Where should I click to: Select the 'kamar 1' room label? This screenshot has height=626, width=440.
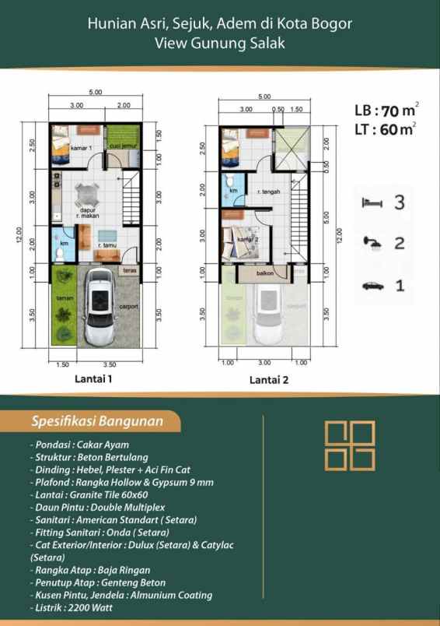coord(82,148)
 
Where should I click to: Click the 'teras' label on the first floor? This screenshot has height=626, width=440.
coord(130,270)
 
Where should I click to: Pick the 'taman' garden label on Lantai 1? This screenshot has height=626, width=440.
coord(63,298)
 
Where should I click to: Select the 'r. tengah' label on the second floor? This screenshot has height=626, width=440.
coord(268,191)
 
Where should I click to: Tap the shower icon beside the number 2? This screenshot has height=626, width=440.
coord(372,244)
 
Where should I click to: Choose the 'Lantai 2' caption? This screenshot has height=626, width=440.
coord(269,381)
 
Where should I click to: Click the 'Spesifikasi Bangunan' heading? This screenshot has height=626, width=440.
coord(96,422)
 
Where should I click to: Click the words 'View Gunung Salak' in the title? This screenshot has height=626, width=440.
coord(220,44)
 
